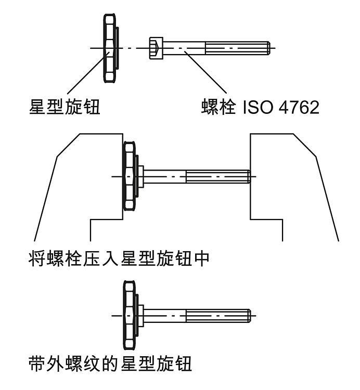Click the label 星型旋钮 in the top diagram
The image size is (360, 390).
pyautogui.click(x=64, y=108)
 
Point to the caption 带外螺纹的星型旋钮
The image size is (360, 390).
pyautogui.click(x=110, y=362)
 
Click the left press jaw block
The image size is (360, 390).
pyautogui.click(x=78, y=182)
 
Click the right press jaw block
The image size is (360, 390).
pyautogui.click(x=291, y=182)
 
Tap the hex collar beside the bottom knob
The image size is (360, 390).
pyautogui.click(x=140, y=315)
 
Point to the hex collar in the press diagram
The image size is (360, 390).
pyautogui.click(x=140, y=177)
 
